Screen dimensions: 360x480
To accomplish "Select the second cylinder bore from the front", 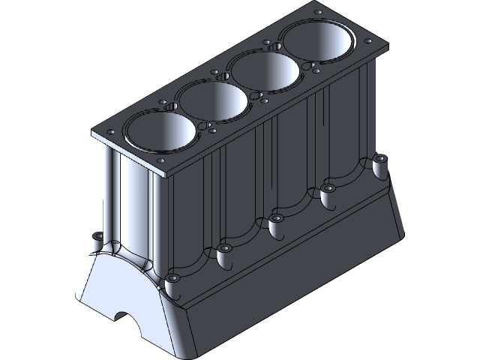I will [214, 100].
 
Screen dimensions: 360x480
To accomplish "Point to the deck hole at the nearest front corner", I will [160, 161].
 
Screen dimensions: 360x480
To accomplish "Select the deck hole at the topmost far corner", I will [316, 13].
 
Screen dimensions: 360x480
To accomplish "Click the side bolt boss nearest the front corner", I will [172, 278].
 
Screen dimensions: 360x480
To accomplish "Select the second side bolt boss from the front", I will [223, 248].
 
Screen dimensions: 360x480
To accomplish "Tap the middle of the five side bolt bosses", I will [275, 218].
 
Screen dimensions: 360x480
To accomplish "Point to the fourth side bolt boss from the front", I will [328, 188].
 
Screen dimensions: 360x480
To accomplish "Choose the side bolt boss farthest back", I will [379, 159].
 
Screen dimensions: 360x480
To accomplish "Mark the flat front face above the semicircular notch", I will [120, 285].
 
